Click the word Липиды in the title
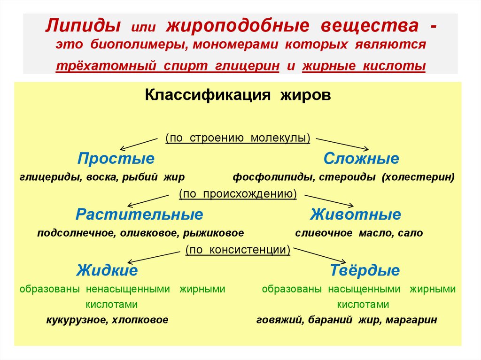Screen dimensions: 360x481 pos(81,25)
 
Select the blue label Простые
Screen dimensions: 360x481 pos(116,159)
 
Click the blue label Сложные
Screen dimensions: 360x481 pos(361,159)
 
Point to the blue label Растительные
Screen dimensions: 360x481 pos(140,215)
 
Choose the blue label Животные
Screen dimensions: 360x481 pos(356,215)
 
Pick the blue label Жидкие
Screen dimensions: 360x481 pos(108,271)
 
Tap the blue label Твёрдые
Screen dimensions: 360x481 pos(365,271)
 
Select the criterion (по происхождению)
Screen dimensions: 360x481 pos(238,194)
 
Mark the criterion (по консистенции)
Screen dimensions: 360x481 pos(238,250)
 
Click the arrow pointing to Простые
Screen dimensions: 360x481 pos(136,143)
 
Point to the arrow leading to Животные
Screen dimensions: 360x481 pos(329,200)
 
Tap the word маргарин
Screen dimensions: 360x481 pos(413,321)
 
